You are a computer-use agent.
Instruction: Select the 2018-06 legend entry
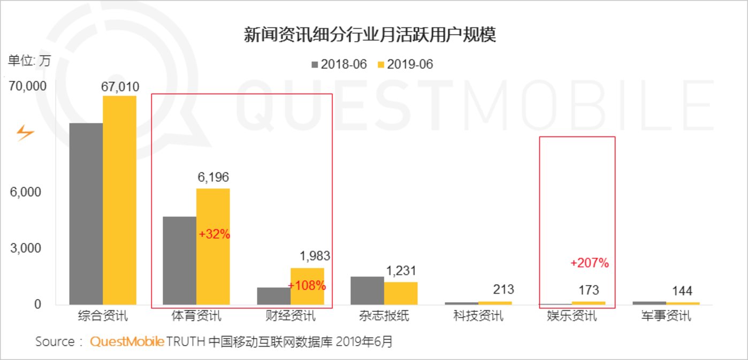point(339,64)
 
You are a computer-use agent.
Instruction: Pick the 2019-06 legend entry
point(405,64)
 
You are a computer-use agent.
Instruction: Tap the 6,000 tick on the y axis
point(26,192)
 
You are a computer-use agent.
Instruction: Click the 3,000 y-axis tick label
point(26,248)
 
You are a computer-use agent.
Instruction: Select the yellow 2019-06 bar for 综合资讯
point(119,200)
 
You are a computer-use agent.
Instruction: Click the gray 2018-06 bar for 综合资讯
point(86,213)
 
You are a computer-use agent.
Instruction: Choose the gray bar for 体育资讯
point(179,261)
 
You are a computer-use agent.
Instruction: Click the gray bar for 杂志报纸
point(367,290)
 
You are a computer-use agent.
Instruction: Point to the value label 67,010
point(120,87)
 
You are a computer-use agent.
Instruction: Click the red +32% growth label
point(214,234)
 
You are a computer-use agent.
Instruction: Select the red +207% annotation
point(590,263)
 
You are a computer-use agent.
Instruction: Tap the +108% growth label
point(307,285)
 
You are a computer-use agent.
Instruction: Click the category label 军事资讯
point(666,316)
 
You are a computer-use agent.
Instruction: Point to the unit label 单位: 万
point(29,60)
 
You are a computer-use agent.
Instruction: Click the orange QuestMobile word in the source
point(127,342)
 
